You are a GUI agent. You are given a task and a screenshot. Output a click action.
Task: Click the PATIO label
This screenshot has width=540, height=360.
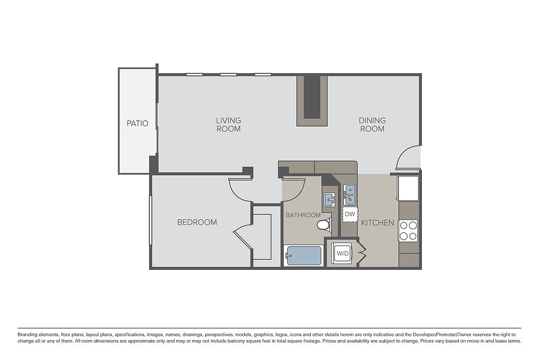[x=138, y=123]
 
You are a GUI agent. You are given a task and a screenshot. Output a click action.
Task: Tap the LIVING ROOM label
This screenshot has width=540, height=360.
[x=228, y=124]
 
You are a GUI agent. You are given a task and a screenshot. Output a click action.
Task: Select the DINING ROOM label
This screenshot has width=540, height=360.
[x=372, y=124]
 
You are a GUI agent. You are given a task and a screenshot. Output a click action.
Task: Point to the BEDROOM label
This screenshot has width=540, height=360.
[x=197, y=222]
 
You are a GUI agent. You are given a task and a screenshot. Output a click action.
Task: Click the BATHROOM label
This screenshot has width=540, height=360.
[x=303, y=215]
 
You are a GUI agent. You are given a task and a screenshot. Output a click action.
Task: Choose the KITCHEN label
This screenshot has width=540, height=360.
[x=378, y=222]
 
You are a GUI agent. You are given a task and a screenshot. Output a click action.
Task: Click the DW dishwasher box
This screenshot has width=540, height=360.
[x=350, y=215]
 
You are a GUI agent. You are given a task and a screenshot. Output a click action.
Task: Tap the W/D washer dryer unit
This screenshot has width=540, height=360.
[x=343, y=254]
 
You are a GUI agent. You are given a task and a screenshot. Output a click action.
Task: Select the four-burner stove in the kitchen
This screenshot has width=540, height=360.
[x=408, y=230]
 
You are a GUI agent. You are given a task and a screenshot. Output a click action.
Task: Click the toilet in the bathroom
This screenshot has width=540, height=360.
[x=324, y=224]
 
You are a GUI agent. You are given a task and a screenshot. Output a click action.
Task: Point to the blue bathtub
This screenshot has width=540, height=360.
[x=303, y=256]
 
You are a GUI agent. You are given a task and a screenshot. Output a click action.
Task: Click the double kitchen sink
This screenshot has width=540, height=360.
[x=350, y=195]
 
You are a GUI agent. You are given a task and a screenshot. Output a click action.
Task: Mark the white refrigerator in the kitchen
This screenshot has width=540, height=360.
[x=408, y=188]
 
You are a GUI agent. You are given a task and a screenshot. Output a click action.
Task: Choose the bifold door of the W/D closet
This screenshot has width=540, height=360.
[x=362, y=254]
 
